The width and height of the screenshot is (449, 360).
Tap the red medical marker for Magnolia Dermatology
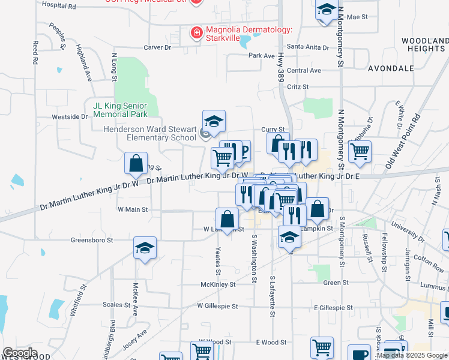[196, 33]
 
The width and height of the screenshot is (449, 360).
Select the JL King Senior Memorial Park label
[120, 109]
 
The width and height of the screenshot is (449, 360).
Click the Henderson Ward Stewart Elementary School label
[149, 133]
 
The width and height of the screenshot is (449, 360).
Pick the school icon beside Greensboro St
[145, 249]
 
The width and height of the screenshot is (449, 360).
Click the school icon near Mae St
[326, 11]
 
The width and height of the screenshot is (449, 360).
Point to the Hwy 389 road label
[281, 66]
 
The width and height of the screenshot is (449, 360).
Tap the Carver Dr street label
[157, 47]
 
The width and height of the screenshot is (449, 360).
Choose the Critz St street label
[298, 87]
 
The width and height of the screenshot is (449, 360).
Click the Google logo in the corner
[20, 353]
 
